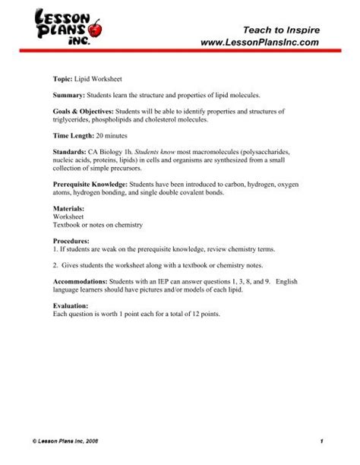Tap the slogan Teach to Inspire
(286, 29)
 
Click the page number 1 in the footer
(322, 441)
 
